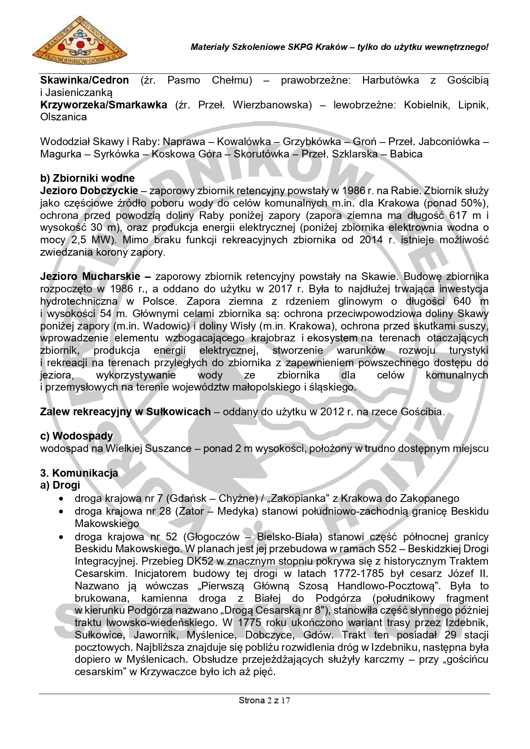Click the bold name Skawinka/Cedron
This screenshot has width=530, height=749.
84,80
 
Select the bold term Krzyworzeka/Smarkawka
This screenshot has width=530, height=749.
103,105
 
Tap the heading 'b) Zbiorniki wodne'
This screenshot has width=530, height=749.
87,178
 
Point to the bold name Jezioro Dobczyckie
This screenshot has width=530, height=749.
89,191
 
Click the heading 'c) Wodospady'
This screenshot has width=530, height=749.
76,436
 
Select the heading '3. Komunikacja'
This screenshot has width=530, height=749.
79,473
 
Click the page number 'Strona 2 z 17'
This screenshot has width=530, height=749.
264,700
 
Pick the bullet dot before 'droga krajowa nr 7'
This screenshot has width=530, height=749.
62,498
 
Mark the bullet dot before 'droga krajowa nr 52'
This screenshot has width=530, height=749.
62,537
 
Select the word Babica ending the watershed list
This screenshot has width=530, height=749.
406,154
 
